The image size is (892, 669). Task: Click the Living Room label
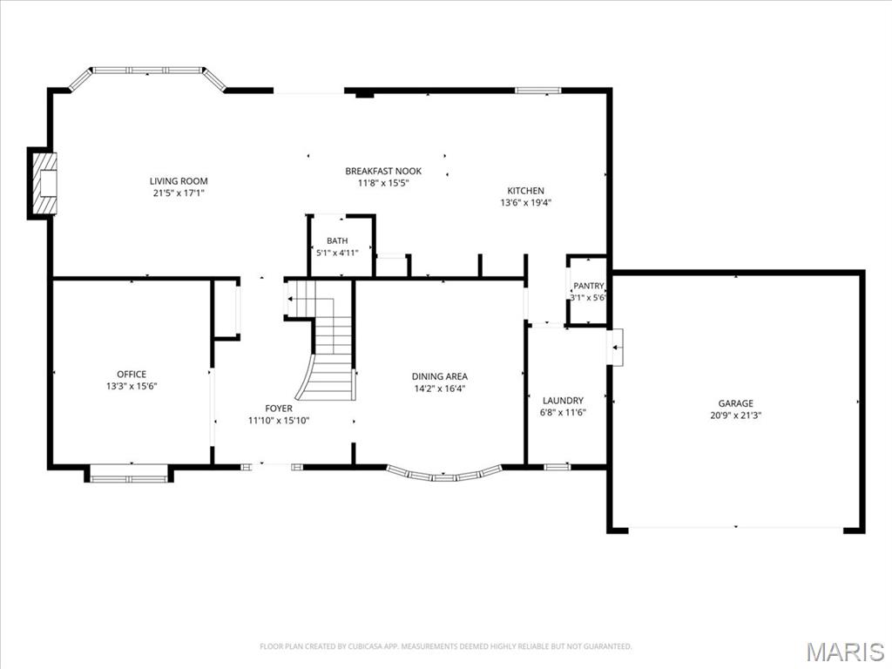click(x=179, y=181)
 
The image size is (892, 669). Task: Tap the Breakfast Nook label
click(x=383, y=171)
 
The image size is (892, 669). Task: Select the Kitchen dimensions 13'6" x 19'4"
click(x=525, y=202)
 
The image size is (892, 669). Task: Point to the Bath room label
click(x=337, y=240)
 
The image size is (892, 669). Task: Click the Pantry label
click(x=588, y=286)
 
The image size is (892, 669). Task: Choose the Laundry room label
click(x=563, y=401)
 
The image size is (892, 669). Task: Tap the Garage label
click(x=735, y=403)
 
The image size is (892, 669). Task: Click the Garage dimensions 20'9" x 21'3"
click(x=735, y=416)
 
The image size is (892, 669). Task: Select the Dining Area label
click(x=440, y=376)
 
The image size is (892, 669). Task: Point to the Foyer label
click(x=279, y=409)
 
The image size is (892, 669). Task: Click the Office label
click(x=132, y=375)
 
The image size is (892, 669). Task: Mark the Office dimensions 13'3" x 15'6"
click(x=132, y=386)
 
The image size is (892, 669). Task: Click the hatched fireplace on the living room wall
click(x=43, y=183)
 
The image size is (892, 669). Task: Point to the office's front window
click(x=129, y=474)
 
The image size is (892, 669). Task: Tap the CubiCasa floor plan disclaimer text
click(x=445, y=646)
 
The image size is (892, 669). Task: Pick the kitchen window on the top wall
click(x=537, y=90)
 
